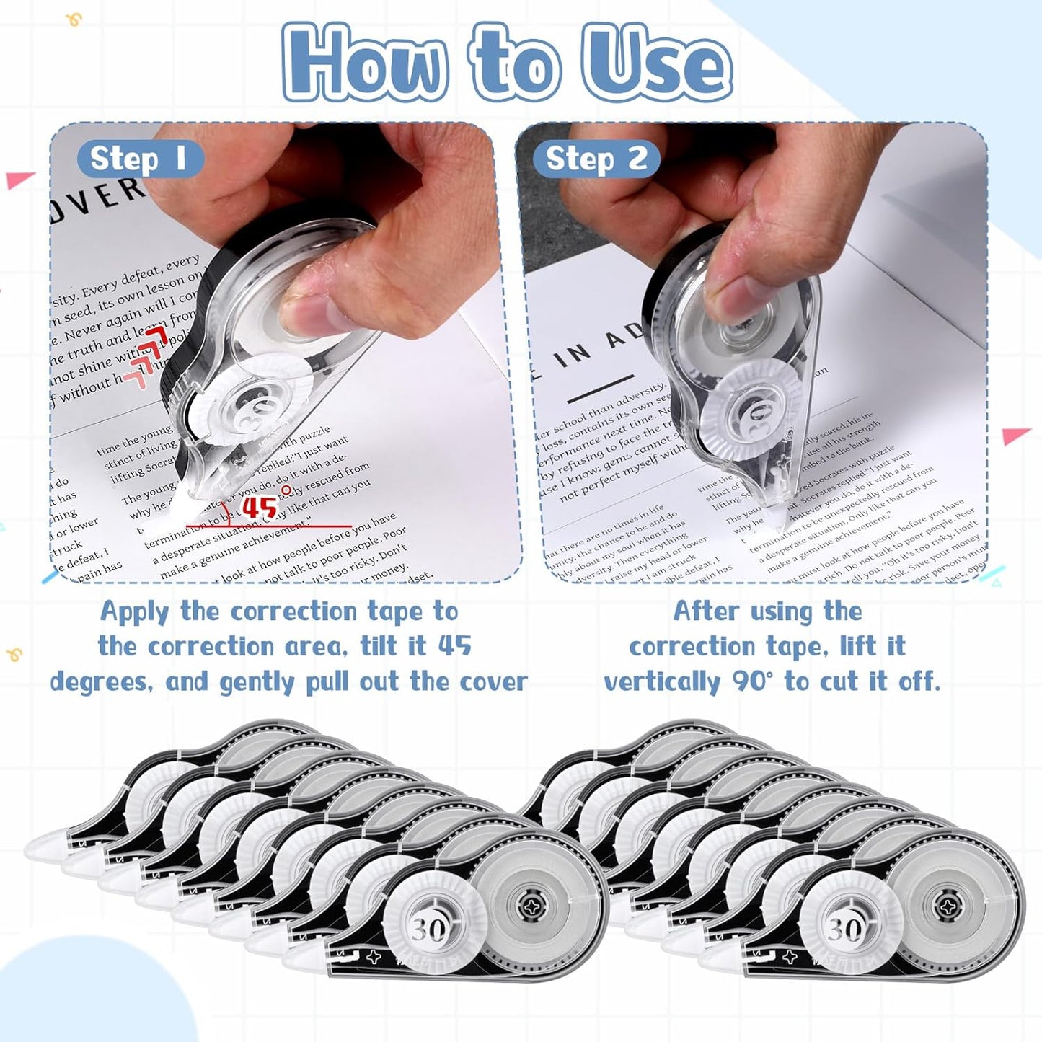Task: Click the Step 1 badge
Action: click(x=138, y=159)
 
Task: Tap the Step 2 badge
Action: click(x=596, y=159)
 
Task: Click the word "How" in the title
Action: click(x=364, y=63)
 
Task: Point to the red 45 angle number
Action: click(x=260, y=507)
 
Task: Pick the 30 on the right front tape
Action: click(x=843, y=929)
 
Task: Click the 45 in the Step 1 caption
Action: click(x=454, y=645)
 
